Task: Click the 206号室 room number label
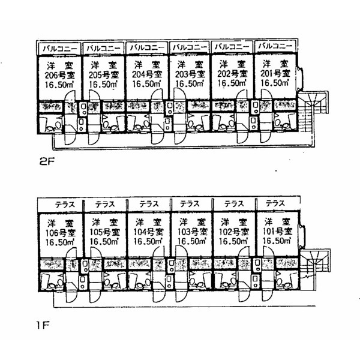[60, 75]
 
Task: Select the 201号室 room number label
[275, 73]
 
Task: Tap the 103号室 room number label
[193, 232]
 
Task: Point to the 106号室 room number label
[61, 233]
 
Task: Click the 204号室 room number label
[147, 74]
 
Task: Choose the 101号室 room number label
[277, 231]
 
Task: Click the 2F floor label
[47, 162]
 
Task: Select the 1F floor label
[43, 325]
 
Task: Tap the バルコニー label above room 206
[60, 49]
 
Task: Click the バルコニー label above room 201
[275, 46]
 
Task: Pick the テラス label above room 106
[65, 205]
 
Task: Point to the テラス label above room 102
[234, 203]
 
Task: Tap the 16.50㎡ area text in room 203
[190, 84]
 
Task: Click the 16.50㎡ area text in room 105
[104, 242]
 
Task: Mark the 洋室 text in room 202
[233, 64]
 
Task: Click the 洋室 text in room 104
[148, 223]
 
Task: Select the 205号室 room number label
[104, 75]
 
